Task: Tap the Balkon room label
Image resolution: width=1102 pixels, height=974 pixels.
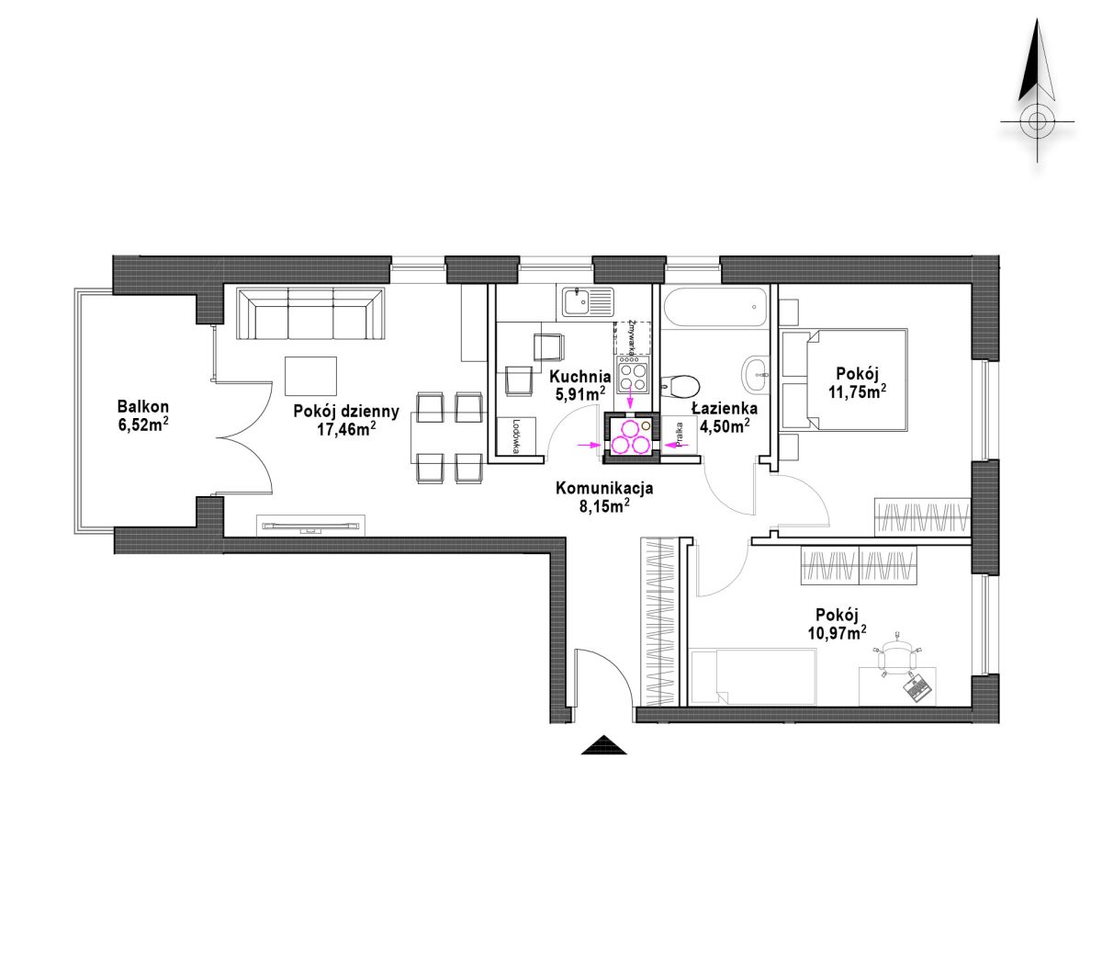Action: click(143, 406)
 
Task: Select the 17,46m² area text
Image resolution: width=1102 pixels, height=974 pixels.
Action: click(346, 429)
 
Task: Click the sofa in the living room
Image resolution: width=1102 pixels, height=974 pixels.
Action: click(310, 313)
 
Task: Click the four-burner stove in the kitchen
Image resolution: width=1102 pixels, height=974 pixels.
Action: click(633, 375)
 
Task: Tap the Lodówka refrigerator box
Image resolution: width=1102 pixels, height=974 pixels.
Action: click(517, 436)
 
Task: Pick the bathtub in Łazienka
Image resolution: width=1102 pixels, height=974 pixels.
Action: click(715, 307)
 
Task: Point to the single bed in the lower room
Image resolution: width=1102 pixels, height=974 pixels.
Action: click(753, 676)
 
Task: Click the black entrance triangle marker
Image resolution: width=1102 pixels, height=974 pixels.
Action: click(603, 744)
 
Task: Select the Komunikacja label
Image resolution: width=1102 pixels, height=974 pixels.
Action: click(603, 488)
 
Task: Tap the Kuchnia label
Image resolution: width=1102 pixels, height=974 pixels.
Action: click(579, 376)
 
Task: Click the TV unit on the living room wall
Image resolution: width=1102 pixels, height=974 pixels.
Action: click(310, 526)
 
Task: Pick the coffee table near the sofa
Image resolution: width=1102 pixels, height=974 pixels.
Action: click(310, 376)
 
